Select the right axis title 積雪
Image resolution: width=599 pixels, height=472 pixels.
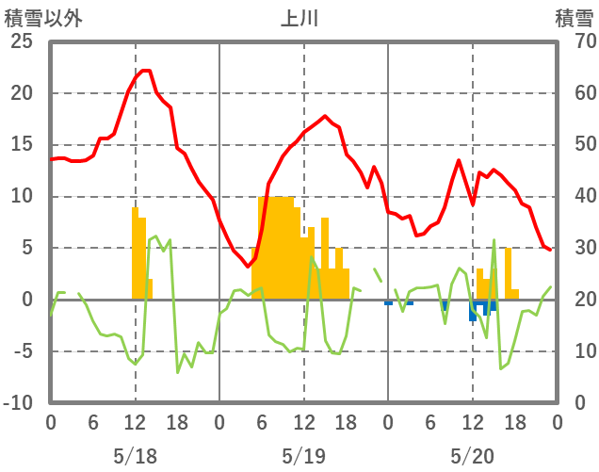coord(574,18)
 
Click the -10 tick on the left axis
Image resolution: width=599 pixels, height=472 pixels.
coord(18,403)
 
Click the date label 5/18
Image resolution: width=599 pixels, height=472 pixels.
coord(135,456)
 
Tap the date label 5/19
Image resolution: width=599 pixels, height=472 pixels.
coord(303,456)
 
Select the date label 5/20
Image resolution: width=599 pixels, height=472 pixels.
coord(472,456)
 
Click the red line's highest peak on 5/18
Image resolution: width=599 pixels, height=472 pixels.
coord(145,71)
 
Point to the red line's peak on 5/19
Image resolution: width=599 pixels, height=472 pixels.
coord(325,116)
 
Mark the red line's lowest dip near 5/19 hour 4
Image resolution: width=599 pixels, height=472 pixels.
coord(248,267)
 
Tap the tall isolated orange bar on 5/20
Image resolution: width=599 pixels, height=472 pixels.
coord(508,273)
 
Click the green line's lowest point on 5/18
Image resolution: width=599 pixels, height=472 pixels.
coord(177,372)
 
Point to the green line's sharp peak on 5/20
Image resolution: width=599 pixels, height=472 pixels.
coord(494,241)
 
